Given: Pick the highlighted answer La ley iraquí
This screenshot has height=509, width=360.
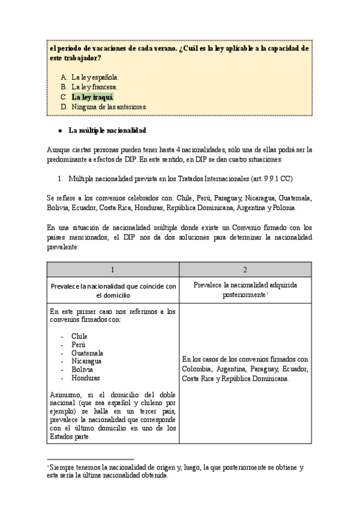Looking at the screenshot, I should click(92, 97).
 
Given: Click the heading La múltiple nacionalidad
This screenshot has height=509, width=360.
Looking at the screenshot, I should click(108, 130).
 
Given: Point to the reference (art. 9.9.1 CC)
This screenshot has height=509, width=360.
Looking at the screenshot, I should click(268, 179).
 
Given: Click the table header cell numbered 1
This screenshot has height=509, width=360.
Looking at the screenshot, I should click(112, 270).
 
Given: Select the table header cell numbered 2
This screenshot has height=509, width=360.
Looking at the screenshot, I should click(245, 270).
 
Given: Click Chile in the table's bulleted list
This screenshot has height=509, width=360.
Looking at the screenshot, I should click(79, 336).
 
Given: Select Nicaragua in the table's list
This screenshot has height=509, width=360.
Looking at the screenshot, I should click(86, 361).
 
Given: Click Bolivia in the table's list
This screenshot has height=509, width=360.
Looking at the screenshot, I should click(82, 370).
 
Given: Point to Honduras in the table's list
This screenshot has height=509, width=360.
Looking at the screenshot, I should click(85, 378).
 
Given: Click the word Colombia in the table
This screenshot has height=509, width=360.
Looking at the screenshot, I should click(198, 369).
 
